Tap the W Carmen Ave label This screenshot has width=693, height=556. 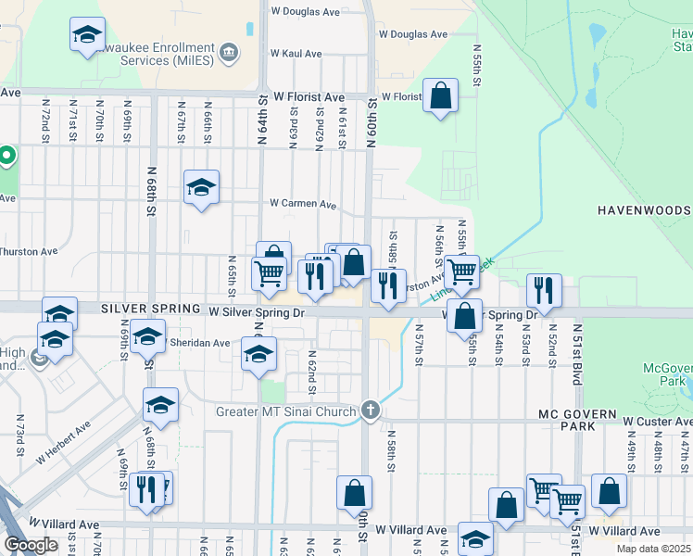[302, 203]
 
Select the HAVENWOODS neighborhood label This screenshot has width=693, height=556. [644, 210]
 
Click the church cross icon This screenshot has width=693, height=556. [370, 411]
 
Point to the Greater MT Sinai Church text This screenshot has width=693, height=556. [285, 411]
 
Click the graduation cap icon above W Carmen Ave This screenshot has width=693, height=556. [201, 187]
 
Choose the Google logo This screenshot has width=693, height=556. [30, 545]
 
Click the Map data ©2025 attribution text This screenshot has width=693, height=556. [653, 549]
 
